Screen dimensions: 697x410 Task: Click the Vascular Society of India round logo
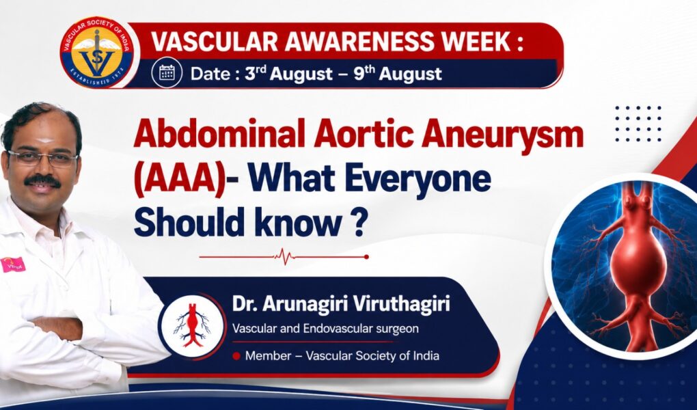(x=97, y=53)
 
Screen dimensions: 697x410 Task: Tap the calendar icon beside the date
(x=167, y=72)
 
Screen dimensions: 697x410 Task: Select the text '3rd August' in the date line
(x=288, y=74)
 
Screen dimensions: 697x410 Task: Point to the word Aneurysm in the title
(x=502, y=135)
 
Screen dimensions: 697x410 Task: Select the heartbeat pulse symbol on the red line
(x=284, y=256)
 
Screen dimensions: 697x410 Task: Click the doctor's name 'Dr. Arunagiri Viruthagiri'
(x=341, y=303)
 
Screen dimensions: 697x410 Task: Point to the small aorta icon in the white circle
(x=192, y=325)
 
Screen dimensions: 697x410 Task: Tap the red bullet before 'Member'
(x=236, y=356)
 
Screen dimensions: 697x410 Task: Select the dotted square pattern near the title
(x=638, y=124)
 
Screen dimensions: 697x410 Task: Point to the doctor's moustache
(x=42, y=180)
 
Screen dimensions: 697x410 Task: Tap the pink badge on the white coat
(x=12, y=264)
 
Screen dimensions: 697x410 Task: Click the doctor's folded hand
(x=58, y=329)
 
